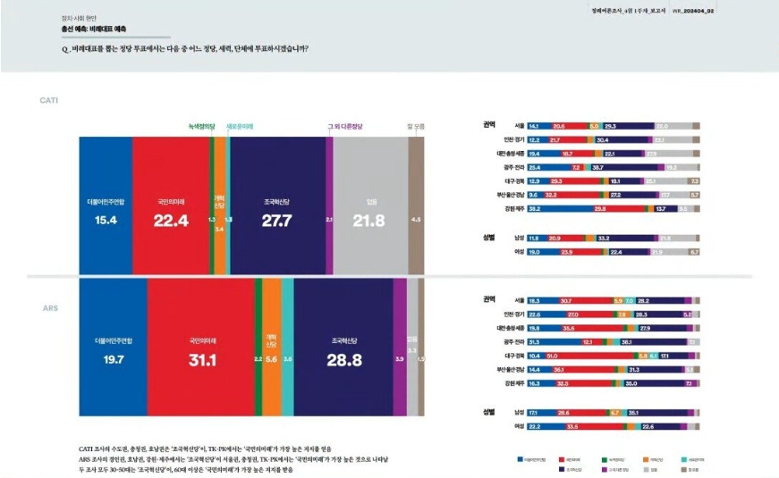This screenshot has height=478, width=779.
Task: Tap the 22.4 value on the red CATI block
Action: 170,221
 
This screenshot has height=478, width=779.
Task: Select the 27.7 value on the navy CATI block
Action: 277,221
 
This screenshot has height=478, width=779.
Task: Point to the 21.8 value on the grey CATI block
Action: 369,221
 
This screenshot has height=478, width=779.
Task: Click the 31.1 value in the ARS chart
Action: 202,359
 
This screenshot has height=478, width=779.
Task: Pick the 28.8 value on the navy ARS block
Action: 344,359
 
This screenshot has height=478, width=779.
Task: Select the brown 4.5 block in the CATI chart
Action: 415,219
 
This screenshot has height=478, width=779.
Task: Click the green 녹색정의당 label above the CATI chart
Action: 201,127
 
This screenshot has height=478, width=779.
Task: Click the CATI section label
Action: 48,100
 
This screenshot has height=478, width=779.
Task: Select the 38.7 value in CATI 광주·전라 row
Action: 598,167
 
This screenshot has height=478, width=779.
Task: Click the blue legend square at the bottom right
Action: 521,458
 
